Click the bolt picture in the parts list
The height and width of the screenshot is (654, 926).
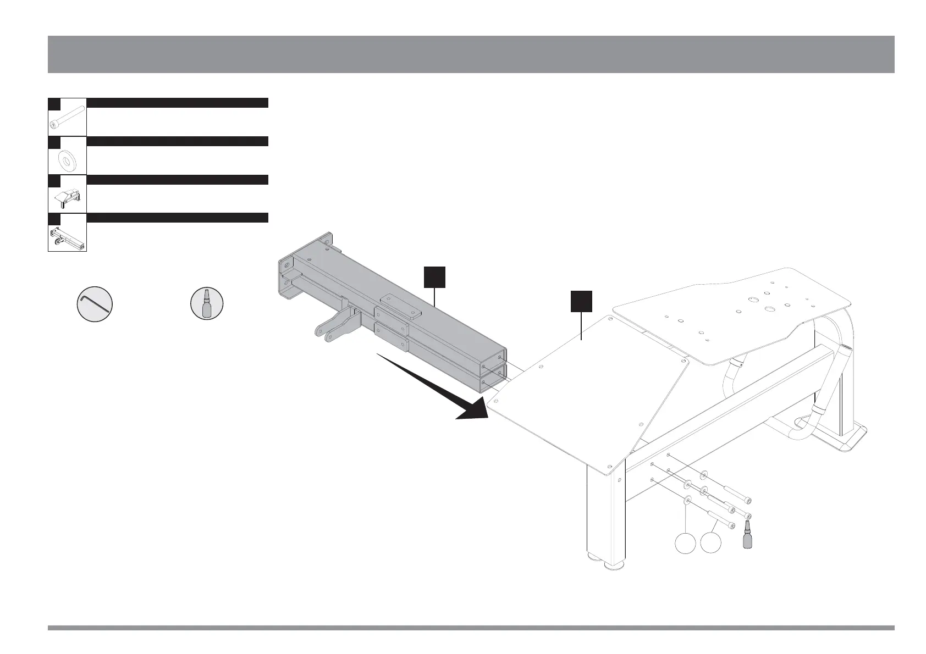coord(67,117)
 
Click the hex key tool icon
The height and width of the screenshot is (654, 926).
coord(95,304)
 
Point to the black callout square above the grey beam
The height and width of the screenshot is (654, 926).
coord(434,277)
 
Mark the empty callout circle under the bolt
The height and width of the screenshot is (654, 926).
coord(711,544)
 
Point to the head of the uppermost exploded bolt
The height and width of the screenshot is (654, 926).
coord(748,500)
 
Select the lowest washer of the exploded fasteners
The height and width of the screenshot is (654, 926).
coord(687,501)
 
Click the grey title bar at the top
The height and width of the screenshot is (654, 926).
coord(471,54)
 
